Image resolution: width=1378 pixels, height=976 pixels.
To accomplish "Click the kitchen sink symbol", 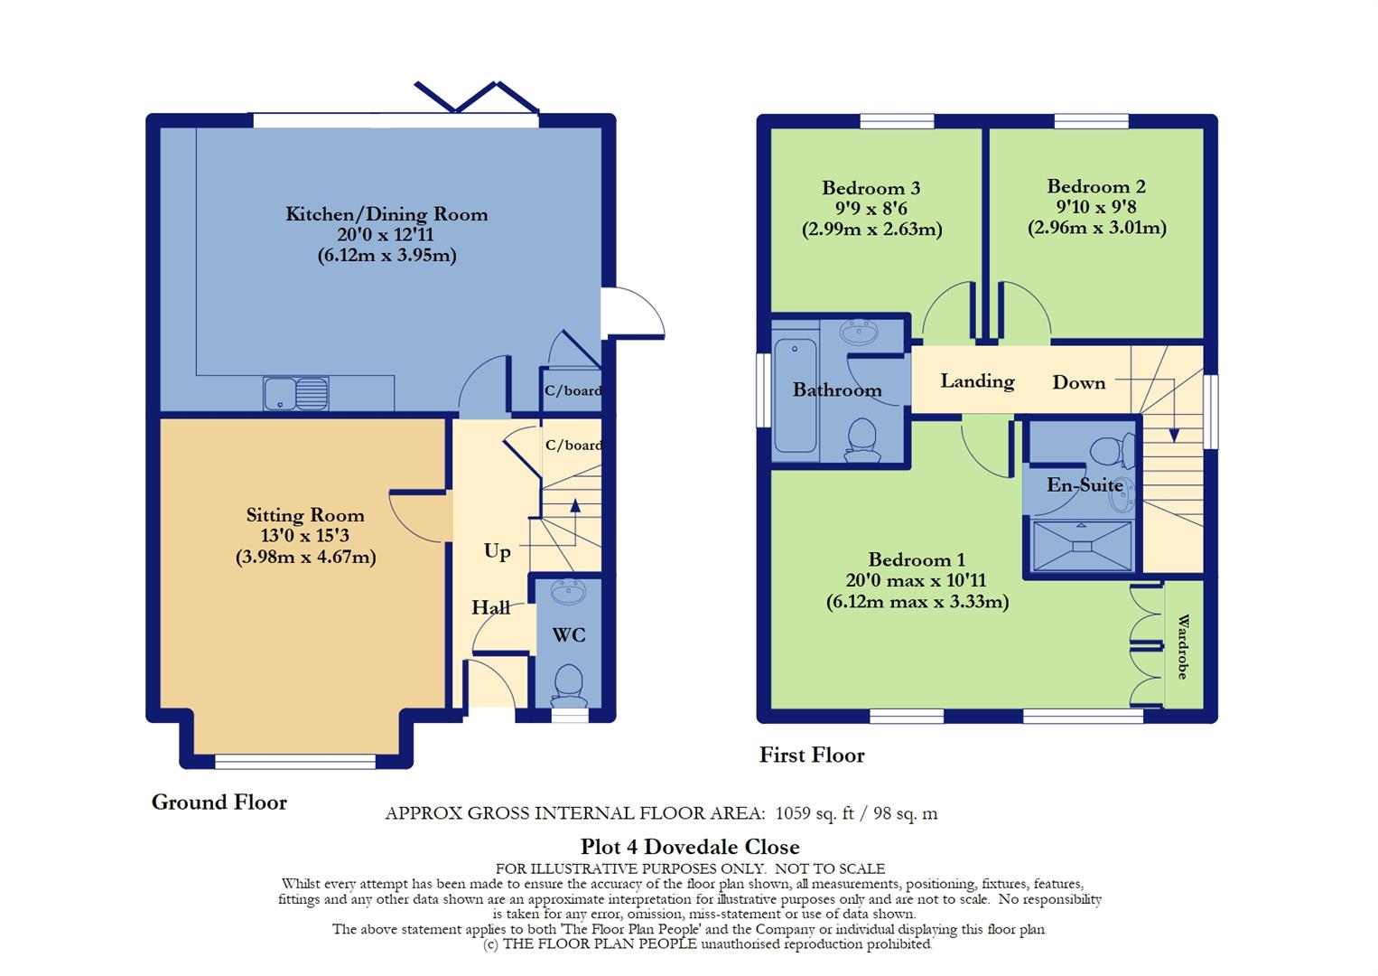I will (x=296, y=394).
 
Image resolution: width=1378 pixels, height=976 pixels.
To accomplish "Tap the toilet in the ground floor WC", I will (x=569, y=686).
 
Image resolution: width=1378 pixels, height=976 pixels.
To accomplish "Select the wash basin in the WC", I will (x=568, y=594).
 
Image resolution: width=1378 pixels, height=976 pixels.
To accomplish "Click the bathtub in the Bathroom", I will (x=795, y=398).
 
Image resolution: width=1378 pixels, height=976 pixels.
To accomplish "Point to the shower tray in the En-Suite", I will (x=1081, y=545).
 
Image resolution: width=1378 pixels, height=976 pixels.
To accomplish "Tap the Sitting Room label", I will (x=305, y=515).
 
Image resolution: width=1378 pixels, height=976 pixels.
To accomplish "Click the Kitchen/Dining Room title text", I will (x=386, y=214).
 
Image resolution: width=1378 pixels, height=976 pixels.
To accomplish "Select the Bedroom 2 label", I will (x=1096, y=187).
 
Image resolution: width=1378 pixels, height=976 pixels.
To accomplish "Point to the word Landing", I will (x=977, y=381).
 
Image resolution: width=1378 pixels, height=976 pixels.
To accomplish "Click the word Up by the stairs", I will (x=497, y=551).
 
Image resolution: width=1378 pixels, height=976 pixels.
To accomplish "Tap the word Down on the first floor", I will (x=1078, y=382).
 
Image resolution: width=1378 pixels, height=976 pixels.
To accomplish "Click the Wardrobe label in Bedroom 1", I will (x=1183, y=647).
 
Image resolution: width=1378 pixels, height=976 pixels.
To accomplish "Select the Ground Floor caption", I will (x=219, y=802).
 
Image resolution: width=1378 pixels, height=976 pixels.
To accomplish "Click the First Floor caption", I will (x=812, y=755).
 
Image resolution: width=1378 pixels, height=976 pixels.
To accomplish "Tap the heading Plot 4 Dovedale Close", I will (x=689, y=847).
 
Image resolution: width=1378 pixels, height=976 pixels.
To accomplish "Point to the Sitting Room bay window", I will (x=295, y=762).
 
